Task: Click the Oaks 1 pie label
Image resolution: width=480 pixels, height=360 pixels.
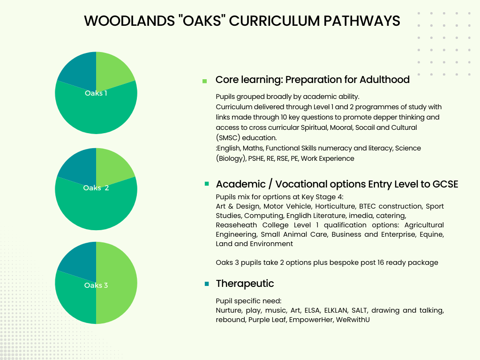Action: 96,93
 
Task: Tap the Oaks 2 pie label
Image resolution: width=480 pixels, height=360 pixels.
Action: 96,188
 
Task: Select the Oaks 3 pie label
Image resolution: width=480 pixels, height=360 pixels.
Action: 96,285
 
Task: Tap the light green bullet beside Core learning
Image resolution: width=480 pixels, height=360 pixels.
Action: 204,81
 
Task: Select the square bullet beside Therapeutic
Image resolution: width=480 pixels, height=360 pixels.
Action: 207,284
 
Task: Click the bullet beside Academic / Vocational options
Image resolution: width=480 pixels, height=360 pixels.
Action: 207,184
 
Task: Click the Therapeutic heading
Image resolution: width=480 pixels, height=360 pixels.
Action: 245,284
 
